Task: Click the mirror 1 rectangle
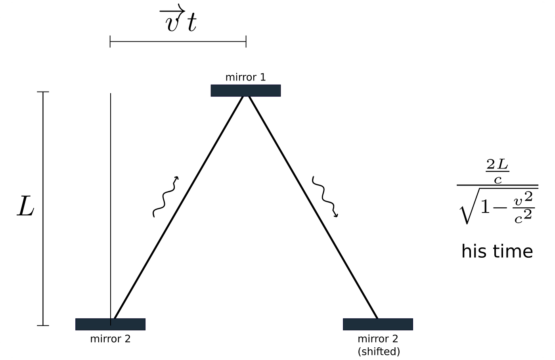click(x=245, y=90)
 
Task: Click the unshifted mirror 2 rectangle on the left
click(x=110, y=324)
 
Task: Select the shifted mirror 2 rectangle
click(x=378, y=324)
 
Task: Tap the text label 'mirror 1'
click(x=245, y=77)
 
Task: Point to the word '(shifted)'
click(x=379, y=351)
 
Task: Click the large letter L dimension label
click(x=25, y=206)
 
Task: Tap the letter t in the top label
click(x=192, y=22)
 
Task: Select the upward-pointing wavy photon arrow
click(x=165, y=197)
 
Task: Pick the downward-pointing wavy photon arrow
click(x=325, y=197)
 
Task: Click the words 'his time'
click(x=497, y=251)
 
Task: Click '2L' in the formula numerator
click(x=497, y=164)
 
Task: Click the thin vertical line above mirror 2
click(x=111, y=209)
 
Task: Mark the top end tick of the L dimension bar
click(x=43, y=92)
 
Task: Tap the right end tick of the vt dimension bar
click(x=246, y=41)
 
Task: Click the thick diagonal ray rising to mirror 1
click(x=178, y=207)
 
